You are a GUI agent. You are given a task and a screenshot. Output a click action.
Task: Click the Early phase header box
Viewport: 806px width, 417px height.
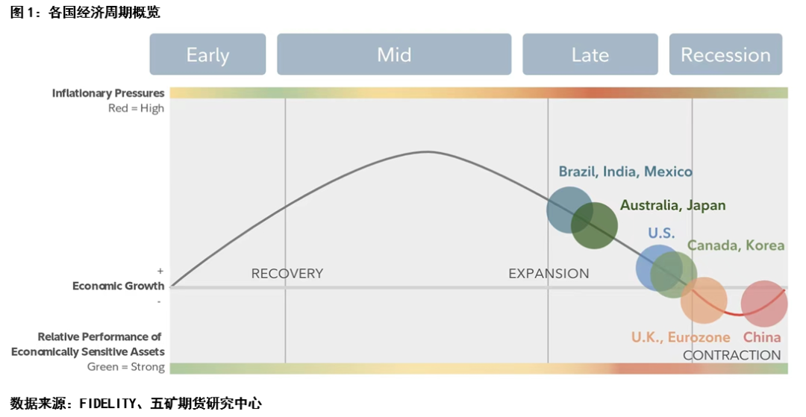tap(207, 54)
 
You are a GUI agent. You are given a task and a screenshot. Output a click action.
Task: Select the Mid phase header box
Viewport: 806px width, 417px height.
tap(394, 54)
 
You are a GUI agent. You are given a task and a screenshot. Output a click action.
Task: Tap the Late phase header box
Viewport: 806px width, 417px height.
tap(590, 54)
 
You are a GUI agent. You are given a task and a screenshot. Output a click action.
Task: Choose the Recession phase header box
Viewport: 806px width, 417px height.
tap(726, 54)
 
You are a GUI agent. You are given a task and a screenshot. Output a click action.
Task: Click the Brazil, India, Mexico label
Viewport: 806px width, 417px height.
tap(625, 172)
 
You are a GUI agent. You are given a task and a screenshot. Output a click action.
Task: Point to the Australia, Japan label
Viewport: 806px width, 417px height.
tap(673, 205)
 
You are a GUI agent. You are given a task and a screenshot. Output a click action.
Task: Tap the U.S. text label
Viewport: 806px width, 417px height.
tap(661, 233)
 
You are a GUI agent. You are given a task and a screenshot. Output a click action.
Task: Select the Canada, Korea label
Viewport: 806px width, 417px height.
tap(736, 245)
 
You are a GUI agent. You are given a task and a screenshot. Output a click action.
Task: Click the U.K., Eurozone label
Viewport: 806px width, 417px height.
tap(681, 337)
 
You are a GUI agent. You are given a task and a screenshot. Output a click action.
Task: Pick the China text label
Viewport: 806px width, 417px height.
tap(762, 337)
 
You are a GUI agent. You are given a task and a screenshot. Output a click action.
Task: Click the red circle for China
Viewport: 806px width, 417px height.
tap(764, 304)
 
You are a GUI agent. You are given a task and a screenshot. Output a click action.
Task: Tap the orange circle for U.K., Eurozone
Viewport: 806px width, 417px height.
tap(704, 301)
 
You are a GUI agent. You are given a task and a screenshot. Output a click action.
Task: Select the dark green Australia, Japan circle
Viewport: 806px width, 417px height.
tap(594, 225)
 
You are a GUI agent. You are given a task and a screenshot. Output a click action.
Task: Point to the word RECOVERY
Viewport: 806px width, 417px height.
tap(287, 274)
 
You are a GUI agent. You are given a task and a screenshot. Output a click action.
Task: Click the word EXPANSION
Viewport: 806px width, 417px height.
tap(549, 274)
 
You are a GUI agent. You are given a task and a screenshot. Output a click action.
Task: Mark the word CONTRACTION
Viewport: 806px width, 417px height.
tap(732, 355)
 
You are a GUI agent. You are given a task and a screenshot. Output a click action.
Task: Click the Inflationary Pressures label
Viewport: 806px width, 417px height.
tap(108, 93)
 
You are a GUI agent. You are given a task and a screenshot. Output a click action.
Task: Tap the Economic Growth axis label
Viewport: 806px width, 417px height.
tap(118, 286)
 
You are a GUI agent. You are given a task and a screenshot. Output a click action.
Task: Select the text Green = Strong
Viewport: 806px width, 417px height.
tap(126, 367)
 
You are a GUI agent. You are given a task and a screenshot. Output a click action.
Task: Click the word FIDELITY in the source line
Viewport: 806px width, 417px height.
tap(107, 404)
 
